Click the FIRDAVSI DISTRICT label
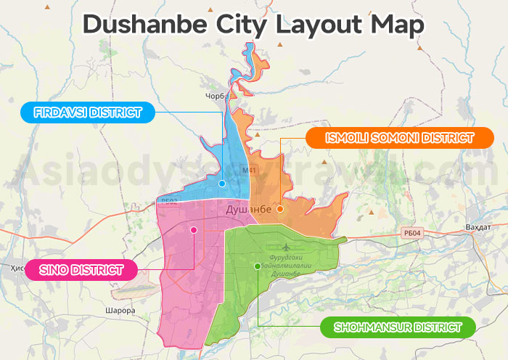[x=87, y=112]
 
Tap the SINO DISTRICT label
[x=81, y=270]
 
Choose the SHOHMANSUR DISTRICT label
[x=397, y=327]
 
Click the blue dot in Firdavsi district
[x=222, y=184]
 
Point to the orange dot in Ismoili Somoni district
[x=280, y=209]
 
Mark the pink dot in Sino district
[x=194, y=230]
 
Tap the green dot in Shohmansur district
[x=258, y=266]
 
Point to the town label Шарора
[x=120, y=311]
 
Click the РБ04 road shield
[x=411, y=233]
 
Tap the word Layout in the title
[x=321, y=24]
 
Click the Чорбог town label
[x=218, y=95]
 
